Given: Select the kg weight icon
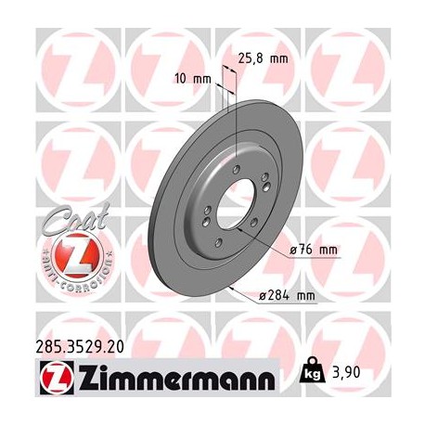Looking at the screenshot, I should [x=314, y=375].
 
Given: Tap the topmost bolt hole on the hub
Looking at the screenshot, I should [x=238, y=167].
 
